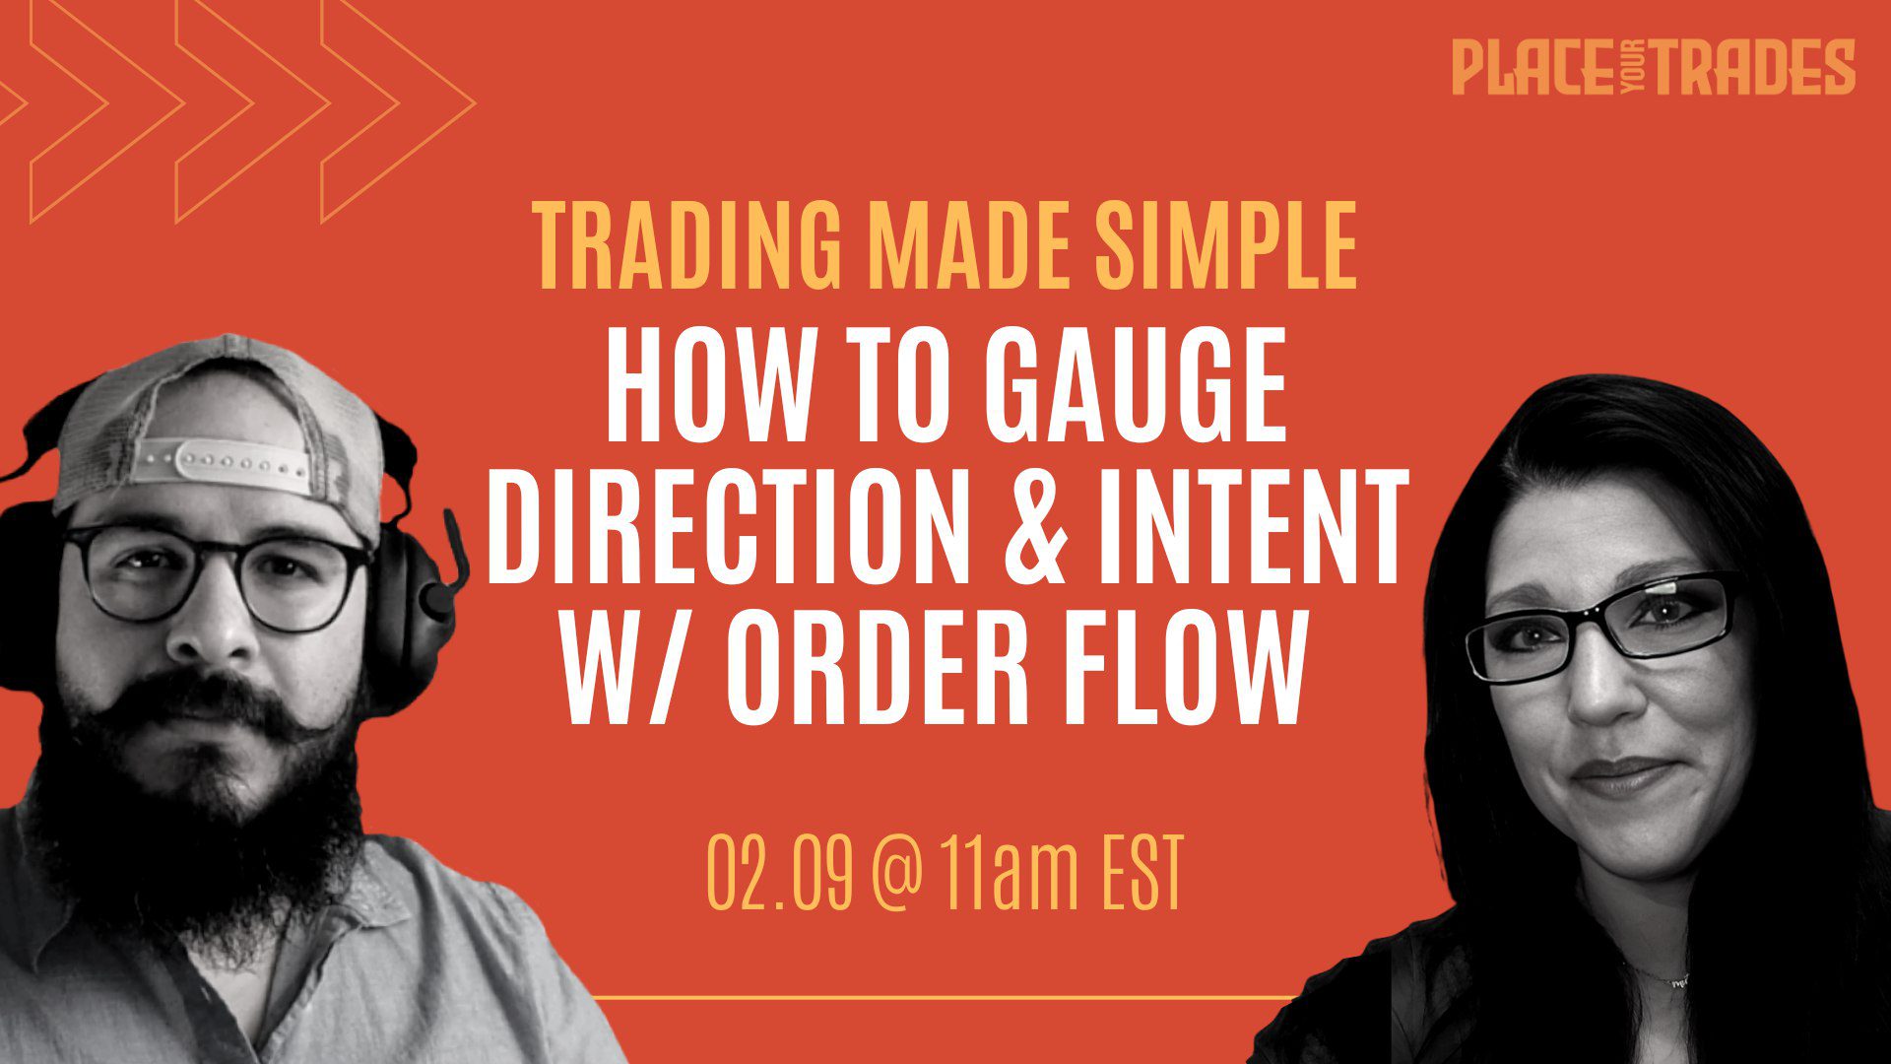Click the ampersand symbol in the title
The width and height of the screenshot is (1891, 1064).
pos(1036,529)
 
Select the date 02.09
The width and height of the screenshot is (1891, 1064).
pos(780,872)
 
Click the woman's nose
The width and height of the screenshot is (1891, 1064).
pos(1604,690)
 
